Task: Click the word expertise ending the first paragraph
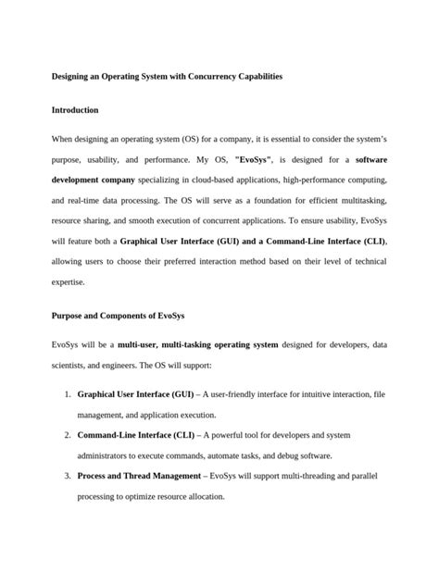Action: pyautogui.click(x=70, y=282)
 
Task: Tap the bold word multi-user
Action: pyautogui.click(x=142, y=344)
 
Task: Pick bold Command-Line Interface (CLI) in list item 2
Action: pyautogui.click(x=137, y=433)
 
